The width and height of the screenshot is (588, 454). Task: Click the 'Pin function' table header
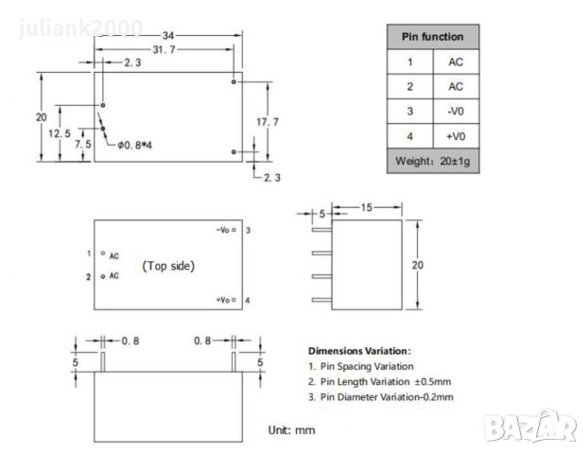433,37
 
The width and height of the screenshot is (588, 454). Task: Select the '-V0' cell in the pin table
456,112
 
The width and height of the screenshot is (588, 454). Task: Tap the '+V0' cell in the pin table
456,136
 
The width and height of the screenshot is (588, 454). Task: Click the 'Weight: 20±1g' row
433,161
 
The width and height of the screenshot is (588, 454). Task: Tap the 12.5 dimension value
60,134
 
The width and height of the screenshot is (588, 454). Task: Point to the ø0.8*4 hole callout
138,145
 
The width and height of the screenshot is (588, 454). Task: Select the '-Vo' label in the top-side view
224,230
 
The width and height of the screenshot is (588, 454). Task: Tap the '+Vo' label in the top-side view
224,300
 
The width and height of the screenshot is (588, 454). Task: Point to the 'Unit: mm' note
291,430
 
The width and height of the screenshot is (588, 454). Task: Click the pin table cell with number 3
409,112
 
